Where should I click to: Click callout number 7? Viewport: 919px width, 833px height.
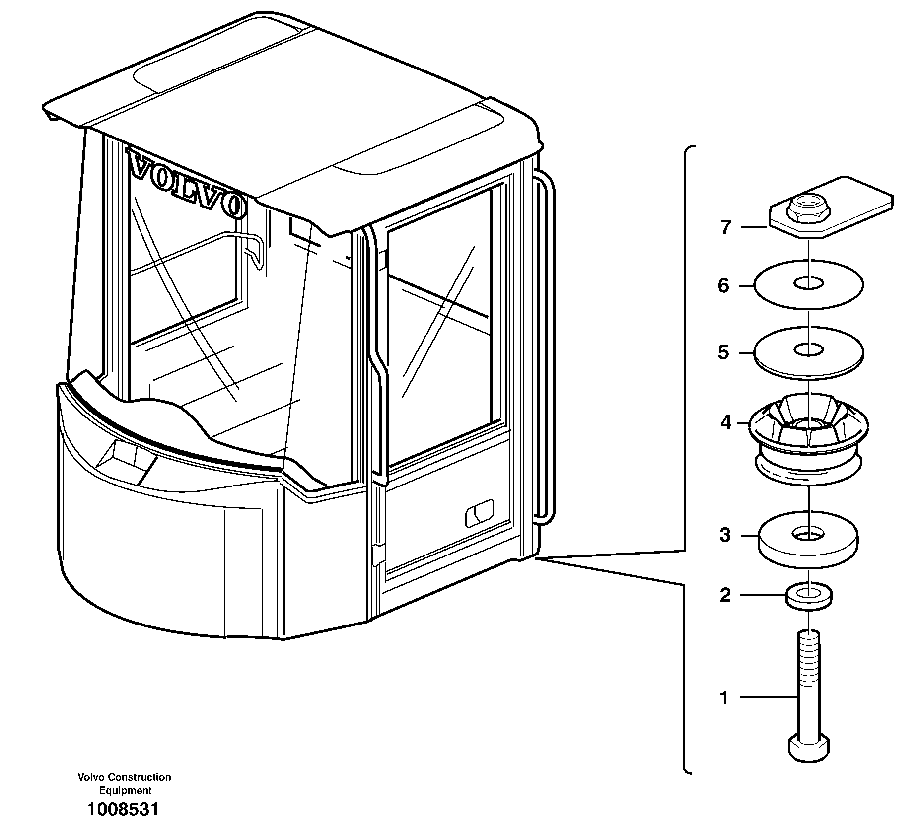pyautogui.click(x=725, y=228)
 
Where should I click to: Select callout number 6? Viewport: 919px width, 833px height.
pyautogui.click(x=723, y=286)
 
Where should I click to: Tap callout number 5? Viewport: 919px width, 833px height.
pyautogui.click(x=723, y=352)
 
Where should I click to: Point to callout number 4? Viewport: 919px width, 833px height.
pyautogui.click(x=726, y=422)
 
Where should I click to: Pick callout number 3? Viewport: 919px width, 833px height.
pyautogui.click(x=725, y=536)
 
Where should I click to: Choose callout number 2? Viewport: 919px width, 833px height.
pyautogui.click(x=725, y=595)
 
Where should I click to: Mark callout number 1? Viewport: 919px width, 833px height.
pyautogui.click(x=724, y=698)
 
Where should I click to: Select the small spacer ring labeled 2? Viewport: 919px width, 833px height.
pyautogui.click(x=809, y=598)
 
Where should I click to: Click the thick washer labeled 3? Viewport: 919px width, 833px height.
pyautogui.click(x=808, y=546)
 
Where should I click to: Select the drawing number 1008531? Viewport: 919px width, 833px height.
pyautogui.click(x=123, y=810)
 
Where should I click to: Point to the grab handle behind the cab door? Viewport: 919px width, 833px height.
pyautogui.click(x=546, y=347)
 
